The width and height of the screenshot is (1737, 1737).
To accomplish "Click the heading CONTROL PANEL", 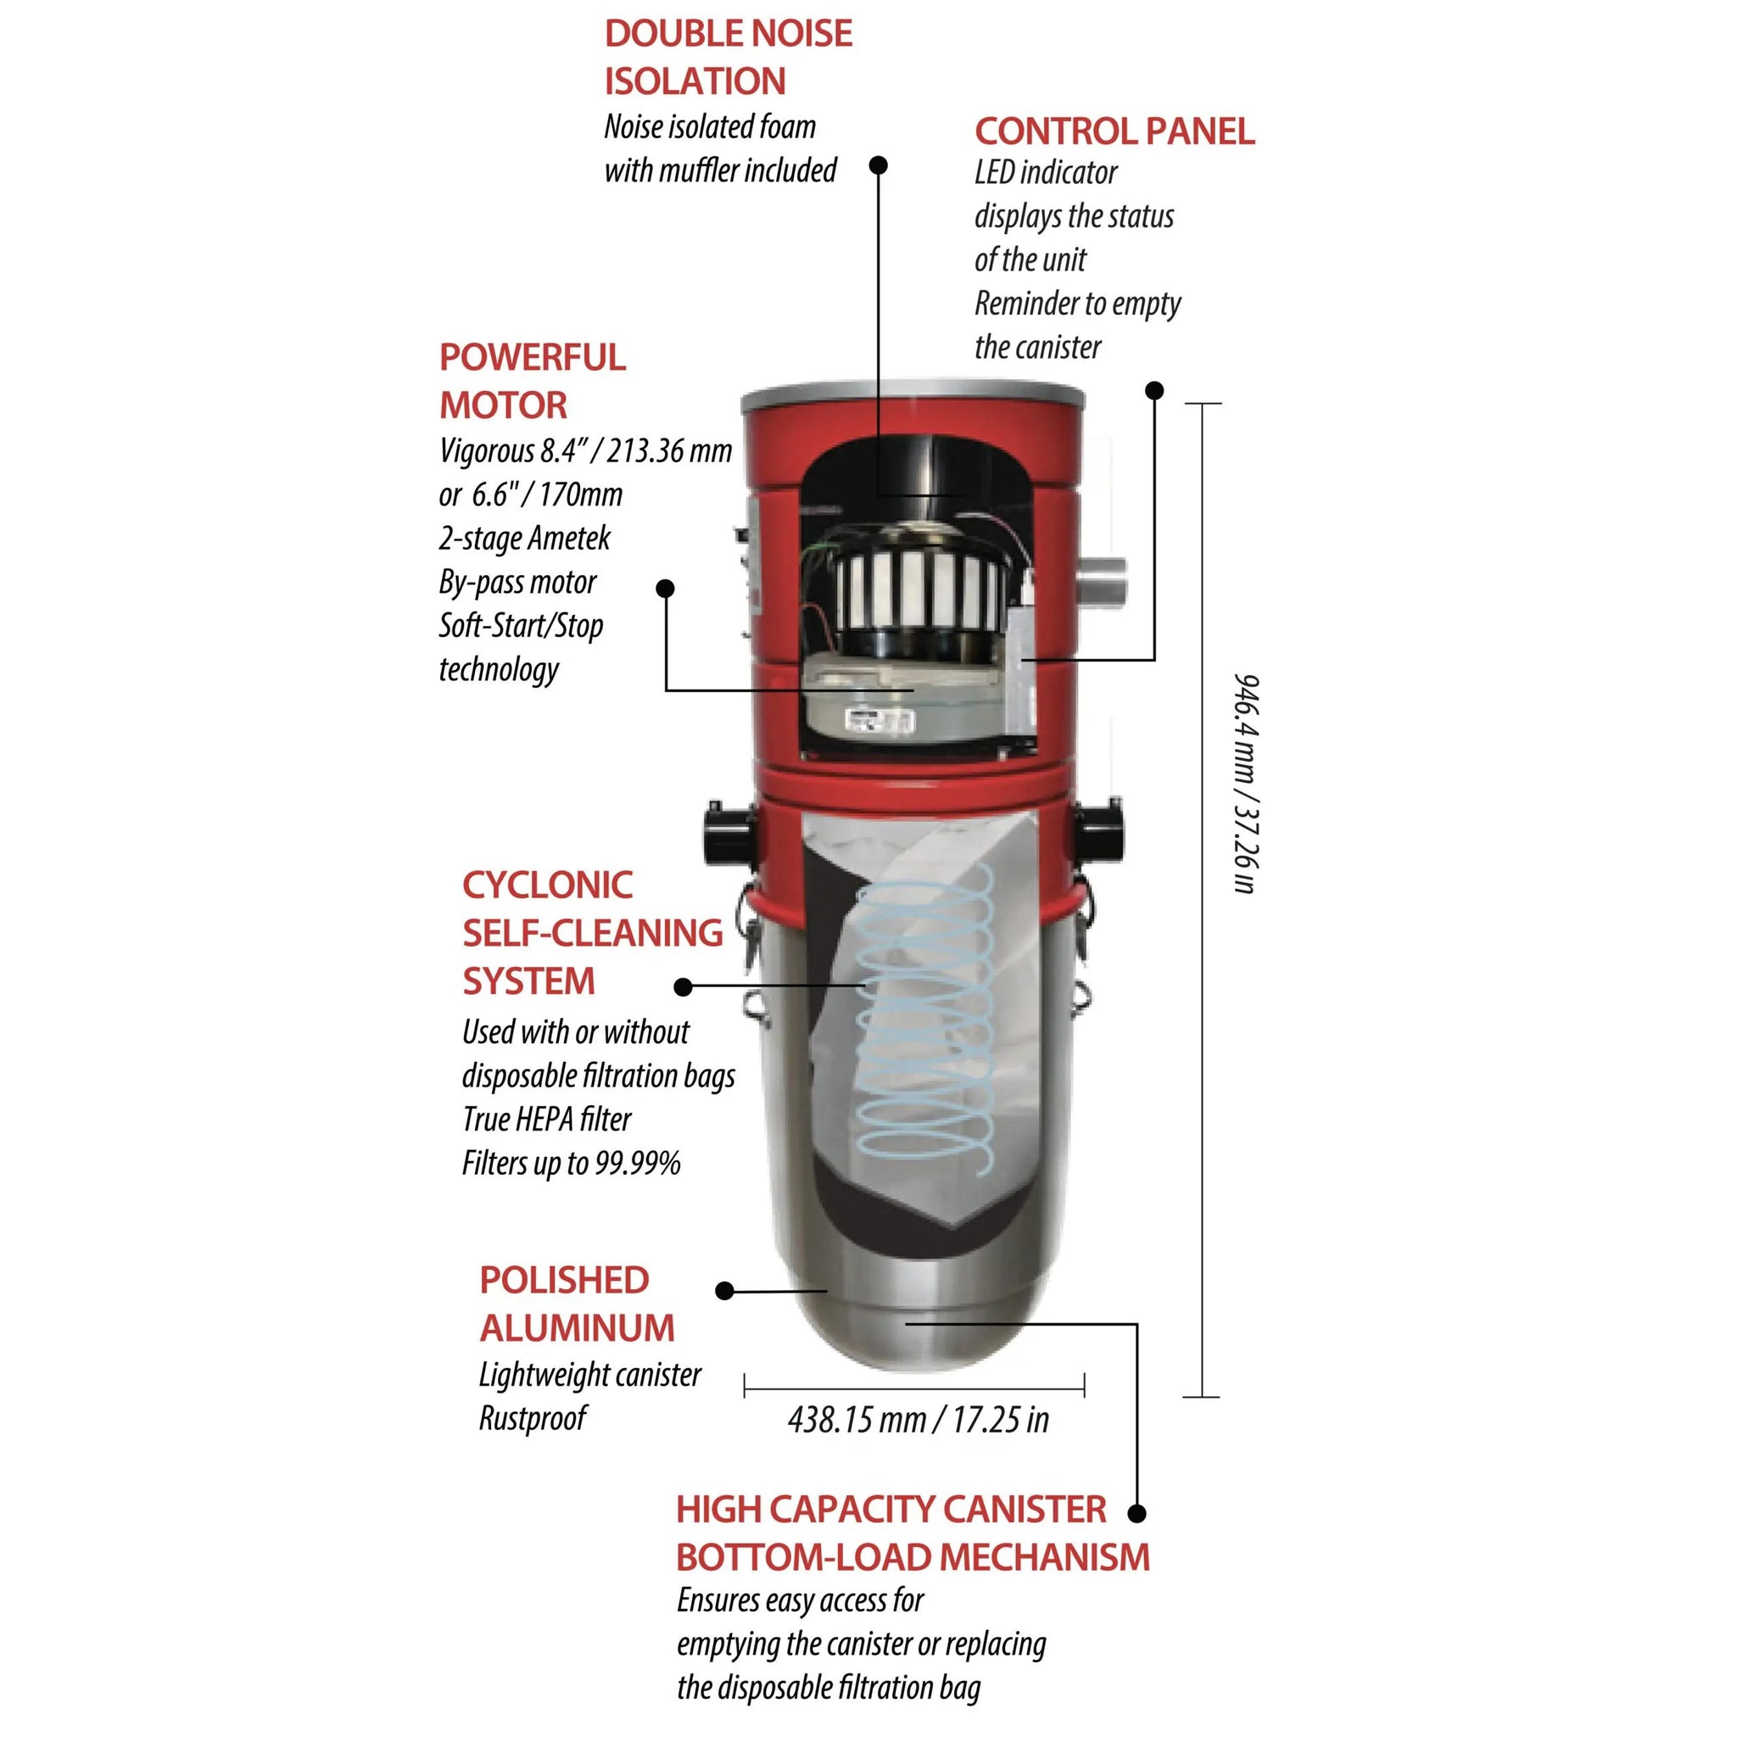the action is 1114,131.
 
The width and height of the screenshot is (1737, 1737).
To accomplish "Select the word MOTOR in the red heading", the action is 504,405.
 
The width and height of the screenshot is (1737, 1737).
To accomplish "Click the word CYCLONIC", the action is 548,885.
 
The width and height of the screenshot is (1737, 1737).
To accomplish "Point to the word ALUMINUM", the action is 578,1328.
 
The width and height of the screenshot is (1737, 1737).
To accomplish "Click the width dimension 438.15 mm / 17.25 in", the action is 919,1420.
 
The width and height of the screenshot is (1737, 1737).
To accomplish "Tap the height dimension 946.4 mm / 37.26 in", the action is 1246,783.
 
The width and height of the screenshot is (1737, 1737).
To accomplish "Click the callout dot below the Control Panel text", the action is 1155,390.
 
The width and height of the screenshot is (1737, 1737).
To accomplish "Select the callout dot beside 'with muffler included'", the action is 880,165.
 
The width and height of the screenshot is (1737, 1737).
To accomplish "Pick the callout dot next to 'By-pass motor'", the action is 665,589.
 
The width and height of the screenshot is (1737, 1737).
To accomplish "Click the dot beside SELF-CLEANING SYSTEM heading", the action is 684,987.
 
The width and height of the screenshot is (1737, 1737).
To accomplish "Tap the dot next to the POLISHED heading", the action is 724,1291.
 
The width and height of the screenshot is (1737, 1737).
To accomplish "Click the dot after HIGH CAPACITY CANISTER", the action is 1137,1514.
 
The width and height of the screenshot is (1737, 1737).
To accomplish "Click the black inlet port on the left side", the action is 728,834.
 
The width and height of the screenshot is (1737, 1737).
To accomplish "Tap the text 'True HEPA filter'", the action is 548,1120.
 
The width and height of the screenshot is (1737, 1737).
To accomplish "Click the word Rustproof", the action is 533,1418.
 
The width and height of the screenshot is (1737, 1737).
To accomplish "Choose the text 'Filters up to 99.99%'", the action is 572,1164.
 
